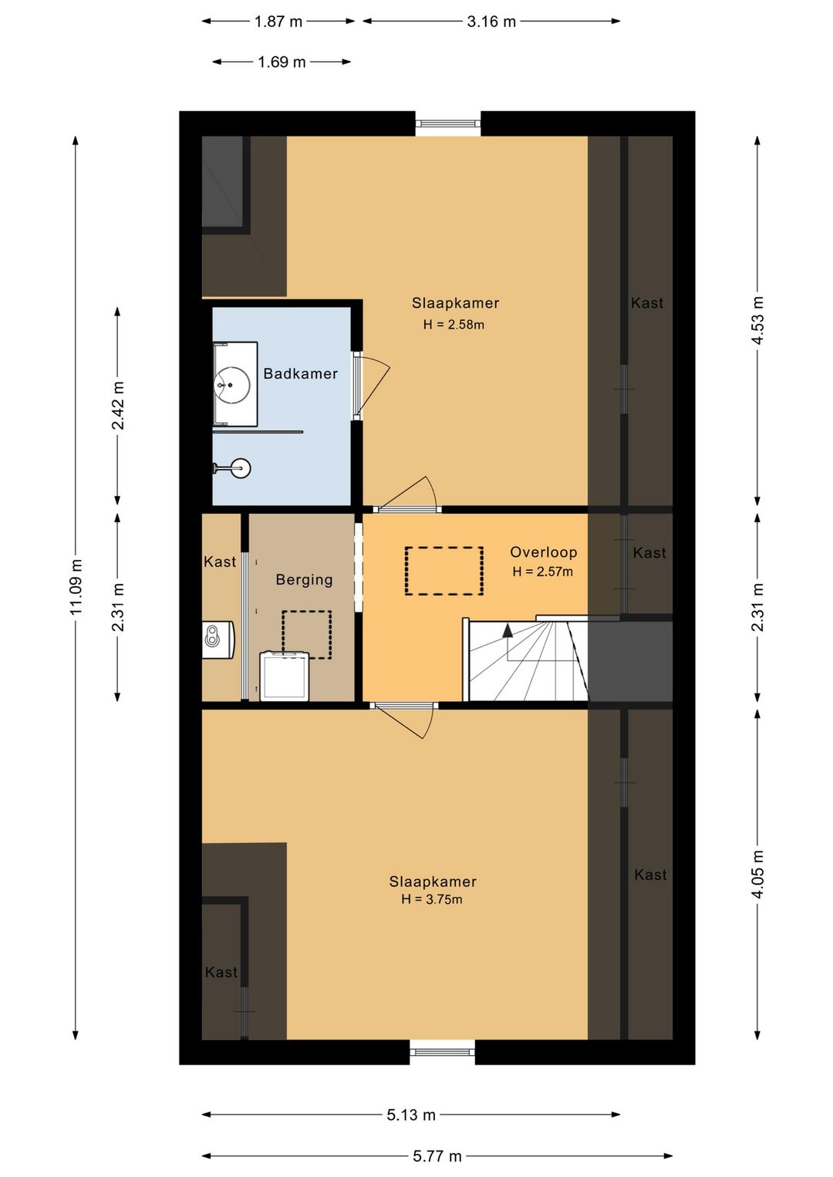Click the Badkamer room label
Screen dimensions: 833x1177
coord(300,373)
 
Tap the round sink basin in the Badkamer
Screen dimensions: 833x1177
coord(231,385)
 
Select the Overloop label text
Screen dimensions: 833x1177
coord(544,551)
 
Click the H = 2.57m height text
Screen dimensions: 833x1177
coord(542,572)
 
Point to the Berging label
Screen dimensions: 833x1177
coord(305,579)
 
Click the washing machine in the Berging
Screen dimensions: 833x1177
coord(285,676)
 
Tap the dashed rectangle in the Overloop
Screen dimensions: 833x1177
coord(444,571)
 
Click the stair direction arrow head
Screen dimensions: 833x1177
coord(508,631)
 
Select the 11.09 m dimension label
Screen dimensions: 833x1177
coord(76,588)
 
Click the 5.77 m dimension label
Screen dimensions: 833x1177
coord(437,1155)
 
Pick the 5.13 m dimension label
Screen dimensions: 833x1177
coord(411,1115)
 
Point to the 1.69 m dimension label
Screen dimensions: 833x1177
coord(282,62)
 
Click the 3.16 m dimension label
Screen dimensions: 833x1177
coord(491,22)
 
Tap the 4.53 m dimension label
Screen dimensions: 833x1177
coord(757,321)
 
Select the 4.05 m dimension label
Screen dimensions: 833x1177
coord(757,875)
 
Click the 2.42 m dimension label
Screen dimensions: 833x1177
coord(118,405)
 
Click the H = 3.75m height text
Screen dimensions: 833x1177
coord(432,899)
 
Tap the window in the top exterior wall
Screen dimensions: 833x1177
coord(448,124)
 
